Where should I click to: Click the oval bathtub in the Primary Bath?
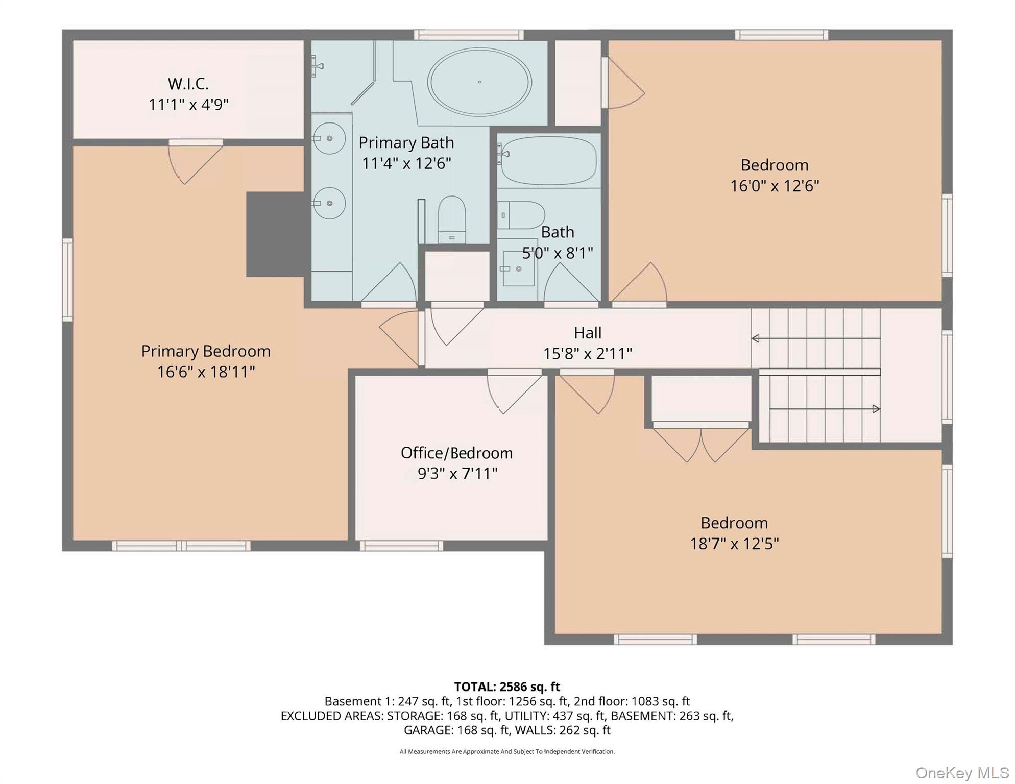pos(479,82)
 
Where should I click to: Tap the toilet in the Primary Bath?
pos(452,219)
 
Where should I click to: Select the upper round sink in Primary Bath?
pos(329,138)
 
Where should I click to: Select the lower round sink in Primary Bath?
pos(329,203)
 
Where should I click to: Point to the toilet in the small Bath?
pos(521,215)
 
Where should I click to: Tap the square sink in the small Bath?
pos(519,268)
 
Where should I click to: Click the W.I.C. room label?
pos(188,84)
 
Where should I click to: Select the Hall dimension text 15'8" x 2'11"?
pos(588,353)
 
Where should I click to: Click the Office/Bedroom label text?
pos(456,453)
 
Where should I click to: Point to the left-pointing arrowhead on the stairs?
pos(755,338)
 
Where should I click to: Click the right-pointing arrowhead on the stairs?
pos(877,409)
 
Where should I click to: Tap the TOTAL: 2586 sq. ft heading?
pos(507,687)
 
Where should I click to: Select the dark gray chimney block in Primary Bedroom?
pos(276,234)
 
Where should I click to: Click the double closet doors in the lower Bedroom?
pos(701,443)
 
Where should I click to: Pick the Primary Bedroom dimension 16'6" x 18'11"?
pos(206,372)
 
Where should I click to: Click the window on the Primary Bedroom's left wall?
pos(67,280)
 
